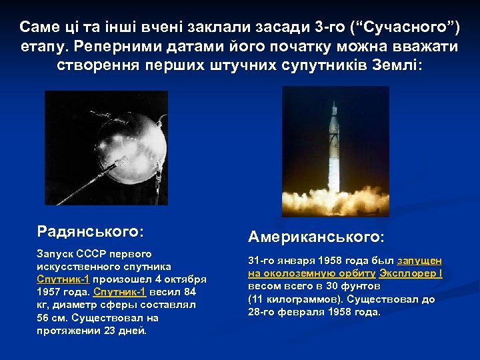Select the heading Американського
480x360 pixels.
(x=316, y=237)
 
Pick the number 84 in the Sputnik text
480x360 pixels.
(x=189, y=291)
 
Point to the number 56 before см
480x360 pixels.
(x=44, y=318)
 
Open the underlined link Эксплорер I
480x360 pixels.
(x=411, y=273)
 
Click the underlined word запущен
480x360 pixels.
(x=420, y=260)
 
